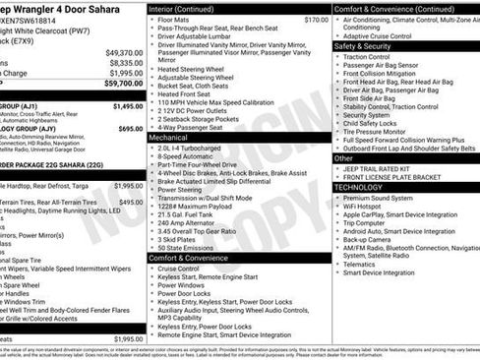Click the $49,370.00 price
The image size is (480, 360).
124,52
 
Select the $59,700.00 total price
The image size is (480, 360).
124,84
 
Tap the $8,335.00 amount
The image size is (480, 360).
126,63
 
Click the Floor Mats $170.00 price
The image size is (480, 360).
316,19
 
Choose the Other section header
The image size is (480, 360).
343,157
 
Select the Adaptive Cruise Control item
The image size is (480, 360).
383,35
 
